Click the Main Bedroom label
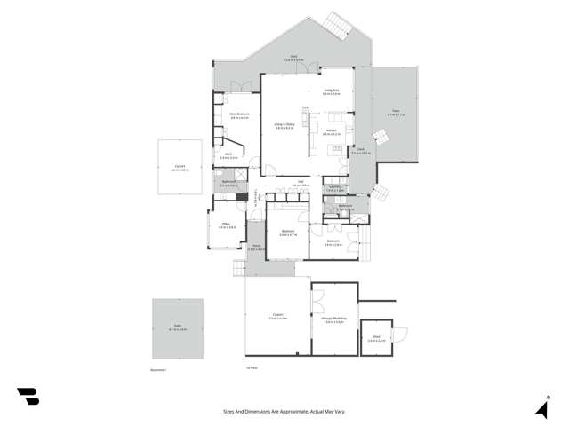pos(239,114)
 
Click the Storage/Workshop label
pos(334,320)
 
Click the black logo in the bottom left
pos(28,396)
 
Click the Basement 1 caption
pos(158,367)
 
